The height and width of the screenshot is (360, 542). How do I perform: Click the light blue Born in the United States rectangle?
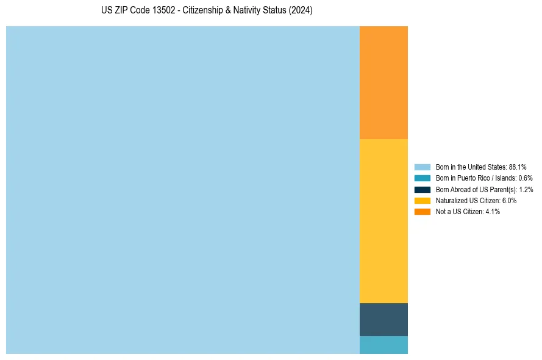(183, 190)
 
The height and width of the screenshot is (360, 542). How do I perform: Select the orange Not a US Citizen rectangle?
(383, 82)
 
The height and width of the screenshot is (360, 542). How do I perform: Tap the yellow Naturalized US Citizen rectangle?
(383, 221)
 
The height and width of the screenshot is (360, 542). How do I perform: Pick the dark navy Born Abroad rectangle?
(383, 319)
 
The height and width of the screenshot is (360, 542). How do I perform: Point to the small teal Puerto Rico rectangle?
(383, 345)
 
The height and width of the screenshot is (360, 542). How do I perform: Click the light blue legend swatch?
(423, 167)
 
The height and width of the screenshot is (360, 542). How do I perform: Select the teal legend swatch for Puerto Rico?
(423, 178)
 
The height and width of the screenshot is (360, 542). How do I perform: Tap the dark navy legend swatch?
(423, 189)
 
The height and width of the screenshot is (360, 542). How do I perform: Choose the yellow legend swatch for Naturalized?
(423, 200)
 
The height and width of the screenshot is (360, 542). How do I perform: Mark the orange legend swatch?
(423, 211)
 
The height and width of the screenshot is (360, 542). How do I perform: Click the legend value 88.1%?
(518, 167)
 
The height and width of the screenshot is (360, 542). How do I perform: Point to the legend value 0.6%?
(526, 178)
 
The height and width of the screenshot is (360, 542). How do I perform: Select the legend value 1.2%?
(526, 189)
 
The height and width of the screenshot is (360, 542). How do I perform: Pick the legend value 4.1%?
(493, 211)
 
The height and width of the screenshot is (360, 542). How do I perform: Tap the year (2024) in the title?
(301, 11)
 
